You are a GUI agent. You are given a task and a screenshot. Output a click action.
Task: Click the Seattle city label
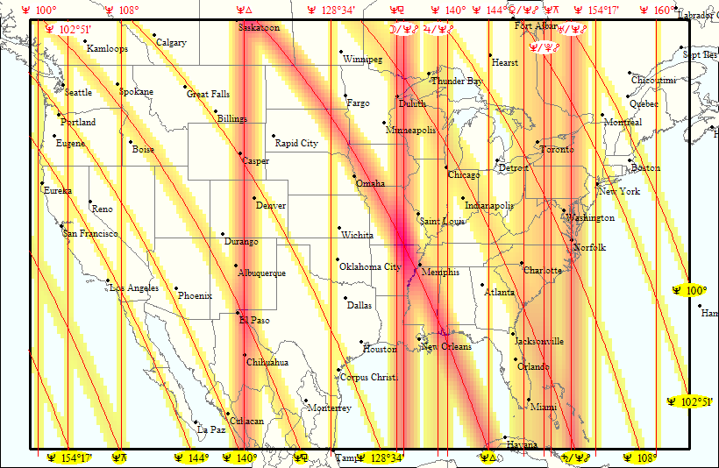pyautogui.click(x=78, y=92)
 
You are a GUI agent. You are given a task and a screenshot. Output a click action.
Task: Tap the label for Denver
pyautogui.click(x=270, y=206)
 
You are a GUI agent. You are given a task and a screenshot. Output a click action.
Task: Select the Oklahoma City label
pyautogui.click(x=369, y=266)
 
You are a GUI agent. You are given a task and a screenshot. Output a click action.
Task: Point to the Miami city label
pyautogui.click(x=543, y=408)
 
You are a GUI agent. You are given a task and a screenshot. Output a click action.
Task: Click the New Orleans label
pyautogui.click(x=445, y=347)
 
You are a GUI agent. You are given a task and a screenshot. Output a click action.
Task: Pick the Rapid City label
pyautogui.click(x=296, y=143)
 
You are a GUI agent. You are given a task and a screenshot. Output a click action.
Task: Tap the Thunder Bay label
pyautogui.click(x=456, y=82)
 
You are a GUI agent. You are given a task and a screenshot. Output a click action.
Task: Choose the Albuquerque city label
pyautogui.click(x=261, y=273)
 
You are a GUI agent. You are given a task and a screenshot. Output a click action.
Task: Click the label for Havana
pyautogui.click(x=522, y=445)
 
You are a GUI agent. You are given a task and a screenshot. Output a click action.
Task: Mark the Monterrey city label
pyautogui.click(x=330, y=408)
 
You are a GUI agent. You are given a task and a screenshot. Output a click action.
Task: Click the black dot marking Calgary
pyautogui.click(x=154, y=35)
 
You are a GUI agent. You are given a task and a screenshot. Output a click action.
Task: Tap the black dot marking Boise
pyautogui.click(x=131, y=142)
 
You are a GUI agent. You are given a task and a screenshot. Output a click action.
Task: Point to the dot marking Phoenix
pyautogui.click(x=176, y=288)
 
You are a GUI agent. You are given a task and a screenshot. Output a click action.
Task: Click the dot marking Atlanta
pyautogui.click(x=482, y=284)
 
